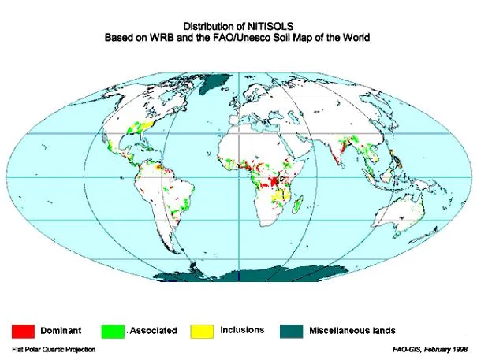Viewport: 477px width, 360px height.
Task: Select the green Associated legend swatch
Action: point(114,331)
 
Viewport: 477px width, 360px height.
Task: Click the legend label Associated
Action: point(154,331)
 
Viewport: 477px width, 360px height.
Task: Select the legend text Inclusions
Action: point(242,330)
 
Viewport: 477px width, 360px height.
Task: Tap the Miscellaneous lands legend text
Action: point(352,331)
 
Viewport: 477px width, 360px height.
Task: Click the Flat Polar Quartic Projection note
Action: point(54,349)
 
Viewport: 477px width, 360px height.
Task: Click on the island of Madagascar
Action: point(297,206)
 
